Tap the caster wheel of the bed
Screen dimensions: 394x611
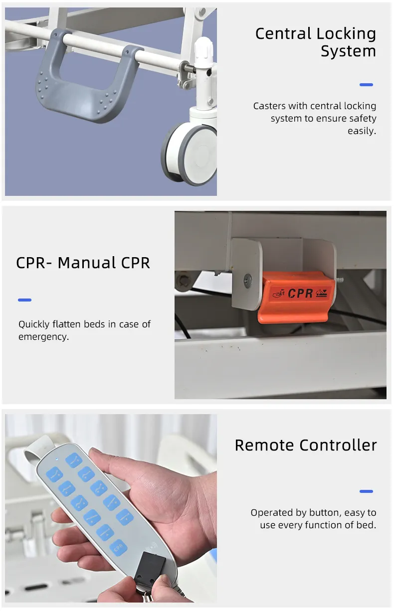190,154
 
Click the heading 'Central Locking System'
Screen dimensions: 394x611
316,42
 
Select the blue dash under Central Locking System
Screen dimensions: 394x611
366,85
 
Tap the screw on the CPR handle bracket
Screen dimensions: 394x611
248,281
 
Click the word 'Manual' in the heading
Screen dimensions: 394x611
87,263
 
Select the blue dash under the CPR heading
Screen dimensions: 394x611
24,300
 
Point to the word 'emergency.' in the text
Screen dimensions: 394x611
44,336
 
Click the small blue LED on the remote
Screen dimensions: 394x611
56,460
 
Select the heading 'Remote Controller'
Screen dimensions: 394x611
306,446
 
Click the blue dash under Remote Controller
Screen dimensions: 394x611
366,491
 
